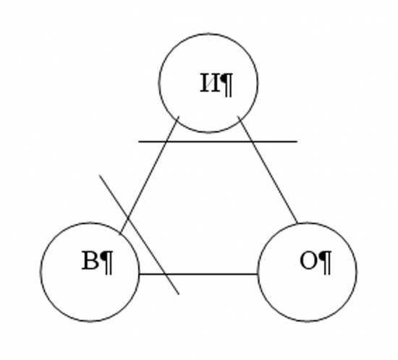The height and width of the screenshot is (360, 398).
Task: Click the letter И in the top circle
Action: (210, 83)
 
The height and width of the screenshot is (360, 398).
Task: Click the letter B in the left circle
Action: (90, 260)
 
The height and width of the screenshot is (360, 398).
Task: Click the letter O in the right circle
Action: (309, 260)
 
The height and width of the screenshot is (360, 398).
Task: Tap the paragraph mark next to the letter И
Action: (226, 85)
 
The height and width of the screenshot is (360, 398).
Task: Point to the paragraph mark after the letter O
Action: (325, 262)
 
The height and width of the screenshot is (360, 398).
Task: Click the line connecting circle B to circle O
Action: (198, 274)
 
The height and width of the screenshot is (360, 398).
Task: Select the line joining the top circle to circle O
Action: (267, 170)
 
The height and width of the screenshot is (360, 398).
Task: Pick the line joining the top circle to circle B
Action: (149, 176)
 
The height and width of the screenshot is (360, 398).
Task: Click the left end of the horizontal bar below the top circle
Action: (139, 142)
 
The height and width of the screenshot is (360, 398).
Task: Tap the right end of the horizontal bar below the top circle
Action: (297, 142)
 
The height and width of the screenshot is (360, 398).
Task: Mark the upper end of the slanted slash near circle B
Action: (99, 175)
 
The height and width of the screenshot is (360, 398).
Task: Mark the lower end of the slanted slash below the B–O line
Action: (179, 294)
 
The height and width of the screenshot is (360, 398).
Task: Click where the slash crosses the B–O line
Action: (166, 274)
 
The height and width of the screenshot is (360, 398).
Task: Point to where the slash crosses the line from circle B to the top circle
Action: (127, 218)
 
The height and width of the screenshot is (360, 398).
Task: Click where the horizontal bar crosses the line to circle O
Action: (252, 142)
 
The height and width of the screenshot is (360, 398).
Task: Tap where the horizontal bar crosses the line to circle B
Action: (166, 142)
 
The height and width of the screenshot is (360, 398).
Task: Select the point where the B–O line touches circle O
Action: (258, 274)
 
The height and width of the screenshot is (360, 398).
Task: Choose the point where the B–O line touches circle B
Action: (139, 274)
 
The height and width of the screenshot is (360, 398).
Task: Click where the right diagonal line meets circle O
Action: (297, 223)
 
